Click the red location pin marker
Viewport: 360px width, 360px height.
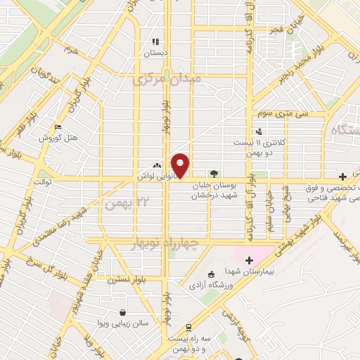[x=181, y=165]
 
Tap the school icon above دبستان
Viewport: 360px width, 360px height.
[x=155, y=41]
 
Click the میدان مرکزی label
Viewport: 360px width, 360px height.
[x=167, y=79]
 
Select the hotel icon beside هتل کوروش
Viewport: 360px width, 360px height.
[x=58, y=127]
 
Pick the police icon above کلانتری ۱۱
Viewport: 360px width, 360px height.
[x=259, y=131]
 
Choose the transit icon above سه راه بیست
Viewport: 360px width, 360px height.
[x=188, y=328]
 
